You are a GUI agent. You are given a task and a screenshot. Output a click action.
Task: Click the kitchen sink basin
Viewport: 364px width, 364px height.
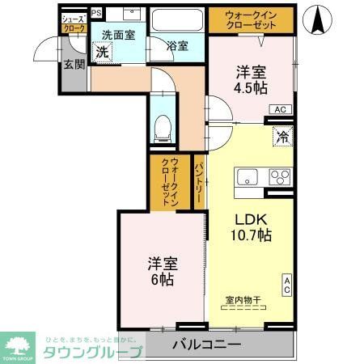247,177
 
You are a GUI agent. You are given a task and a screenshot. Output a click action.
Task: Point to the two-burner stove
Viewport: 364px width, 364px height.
279,176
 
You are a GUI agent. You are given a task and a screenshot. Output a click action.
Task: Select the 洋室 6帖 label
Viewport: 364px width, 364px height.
162,271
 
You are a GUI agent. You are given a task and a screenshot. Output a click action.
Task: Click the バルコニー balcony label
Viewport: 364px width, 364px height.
207,345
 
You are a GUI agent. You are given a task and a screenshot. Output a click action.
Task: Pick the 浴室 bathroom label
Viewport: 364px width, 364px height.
177,46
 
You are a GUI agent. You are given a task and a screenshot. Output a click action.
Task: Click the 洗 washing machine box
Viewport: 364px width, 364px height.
102,53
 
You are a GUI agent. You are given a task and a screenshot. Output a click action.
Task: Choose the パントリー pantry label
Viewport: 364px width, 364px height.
199,183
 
